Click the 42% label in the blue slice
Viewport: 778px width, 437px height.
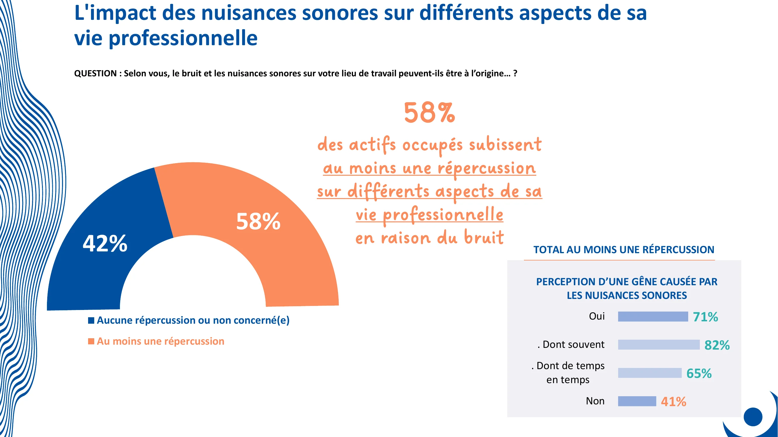pyautogui.click(x=105, y=243)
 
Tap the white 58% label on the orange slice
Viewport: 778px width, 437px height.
pyautogui.click(x=258, y=221)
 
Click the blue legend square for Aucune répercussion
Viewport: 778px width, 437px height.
pyautogui.click(x=91, y=320)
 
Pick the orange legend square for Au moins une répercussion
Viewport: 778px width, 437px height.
pyautogui.click(x=91, y=341)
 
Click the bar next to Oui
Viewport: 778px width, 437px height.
pyautogui.click(x=653, y=317)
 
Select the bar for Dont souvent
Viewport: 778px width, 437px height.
pyautogui.click(x=658, y=345)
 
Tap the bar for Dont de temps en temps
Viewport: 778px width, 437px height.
pyautogui.click(x=649, y=373)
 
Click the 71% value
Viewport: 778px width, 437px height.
pyautogui.click(x=705, y=317)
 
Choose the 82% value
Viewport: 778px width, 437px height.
pyautogui.click(x=717, y=345)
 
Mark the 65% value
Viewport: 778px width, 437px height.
pyautogui.click(x=699, y=373)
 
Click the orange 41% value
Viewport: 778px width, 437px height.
pyautogui.click(x=673, y=402)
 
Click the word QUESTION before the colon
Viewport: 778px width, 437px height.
pyautogui.click(x=95, y=73)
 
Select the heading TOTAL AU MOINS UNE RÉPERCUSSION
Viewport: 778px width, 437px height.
pyautogui.click(x=624, y=250)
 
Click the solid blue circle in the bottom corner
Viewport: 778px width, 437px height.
pyautogui.click(x=753, y=417)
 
